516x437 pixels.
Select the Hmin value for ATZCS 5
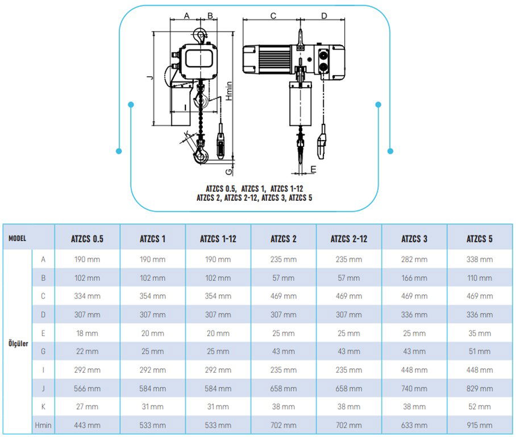point(480,425)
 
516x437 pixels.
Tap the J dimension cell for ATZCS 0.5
point(87,389)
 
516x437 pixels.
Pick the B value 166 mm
point(414,278)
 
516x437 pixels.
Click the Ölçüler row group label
point(19,344)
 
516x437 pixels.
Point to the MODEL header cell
point(18,238)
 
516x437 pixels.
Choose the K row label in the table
point(43,407)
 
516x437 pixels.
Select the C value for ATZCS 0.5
point(87,296)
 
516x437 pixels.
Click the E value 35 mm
point(480,333)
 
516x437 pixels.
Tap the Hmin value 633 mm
point(414,425)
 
